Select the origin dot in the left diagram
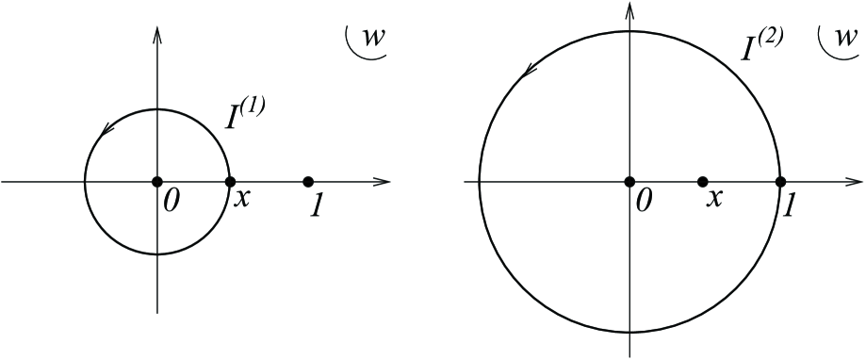tap(157, 181)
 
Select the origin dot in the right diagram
tap(629, 181)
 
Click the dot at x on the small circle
tap(229, 181)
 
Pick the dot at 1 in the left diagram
tap(308, 181)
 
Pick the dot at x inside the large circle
tap(702, 181)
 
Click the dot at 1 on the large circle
tap(780, 181)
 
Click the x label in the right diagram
tap(715, 200)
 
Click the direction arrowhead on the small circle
tap(104, 131)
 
